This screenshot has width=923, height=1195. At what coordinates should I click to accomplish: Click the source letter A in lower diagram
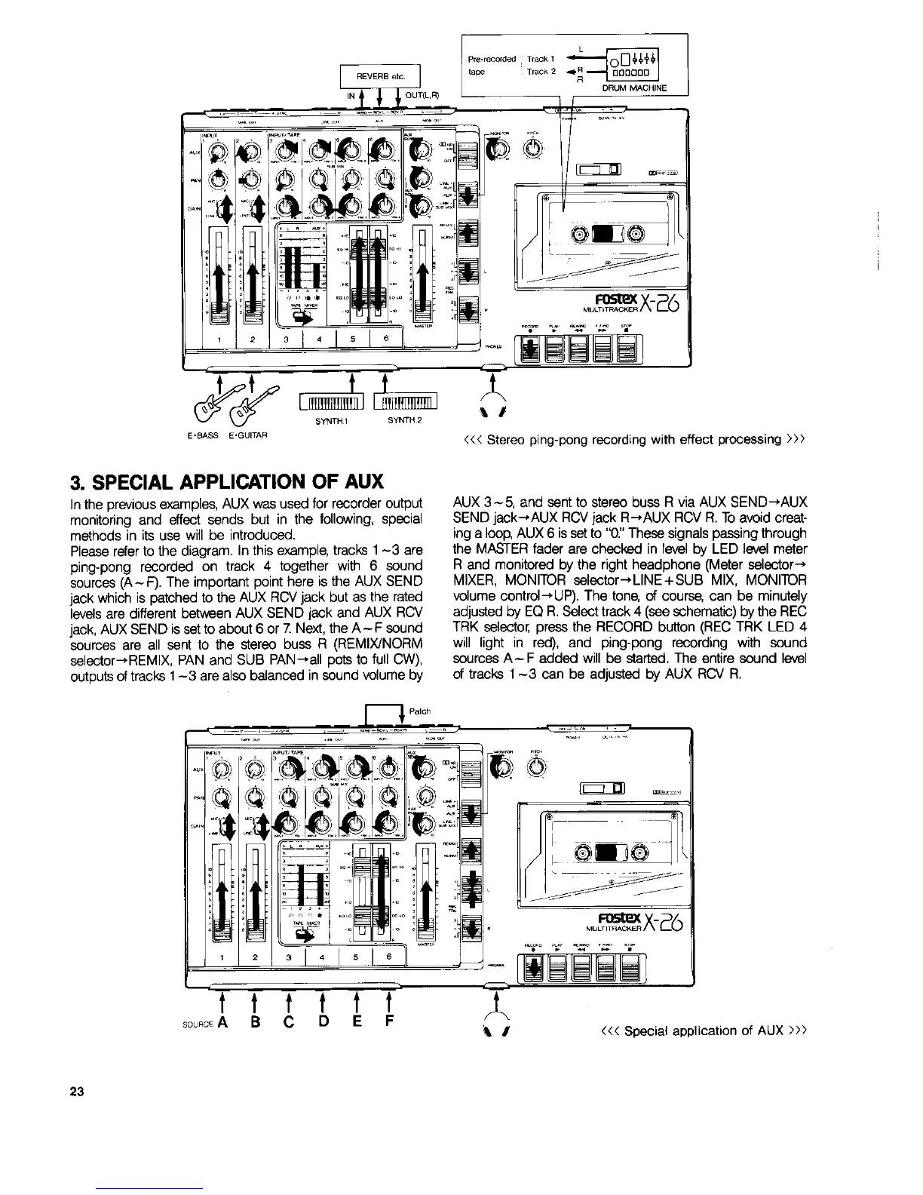[222, 1024]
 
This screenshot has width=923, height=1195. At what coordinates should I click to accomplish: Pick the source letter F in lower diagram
[387, 1024]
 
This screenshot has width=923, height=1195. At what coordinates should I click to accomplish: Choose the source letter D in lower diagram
[323, 1024]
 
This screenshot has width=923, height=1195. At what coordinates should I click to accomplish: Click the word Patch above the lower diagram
[420, 711]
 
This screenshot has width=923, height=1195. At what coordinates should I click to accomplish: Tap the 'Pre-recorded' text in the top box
[492, 58]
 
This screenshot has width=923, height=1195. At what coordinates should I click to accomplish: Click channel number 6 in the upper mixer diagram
[385, 339]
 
